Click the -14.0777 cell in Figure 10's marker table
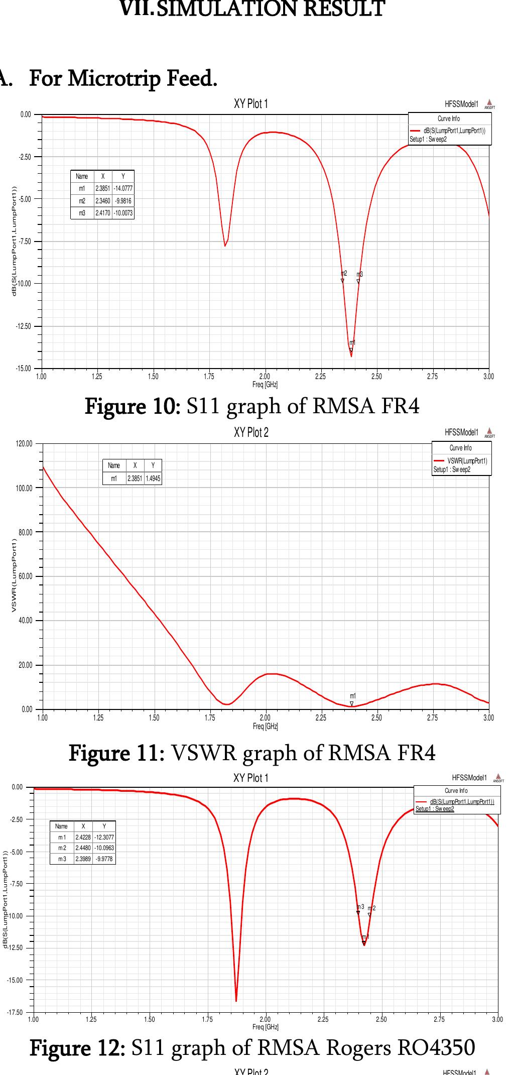tap(123, 189)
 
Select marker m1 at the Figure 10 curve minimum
tap(351, 349)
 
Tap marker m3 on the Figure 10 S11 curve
tap(358, 281)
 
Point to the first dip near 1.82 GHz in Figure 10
tap(225, 245)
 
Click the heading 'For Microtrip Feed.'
tap(123, 78)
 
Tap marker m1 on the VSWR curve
tap(352, 704)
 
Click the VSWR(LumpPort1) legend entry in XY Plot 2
tap(467, 461)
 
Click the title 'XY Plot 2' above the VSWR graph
tap(251, 432)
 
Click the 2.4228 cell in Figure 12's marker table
tap(83, 837)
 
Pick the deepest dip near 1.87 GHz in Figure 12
tap(236, 1000)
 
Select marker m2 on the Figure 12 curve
tap(370, 914)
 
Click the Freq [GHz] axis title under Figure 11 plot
tap(266, 726)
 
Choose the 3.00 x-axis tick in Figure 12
tap(497, 1019)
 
